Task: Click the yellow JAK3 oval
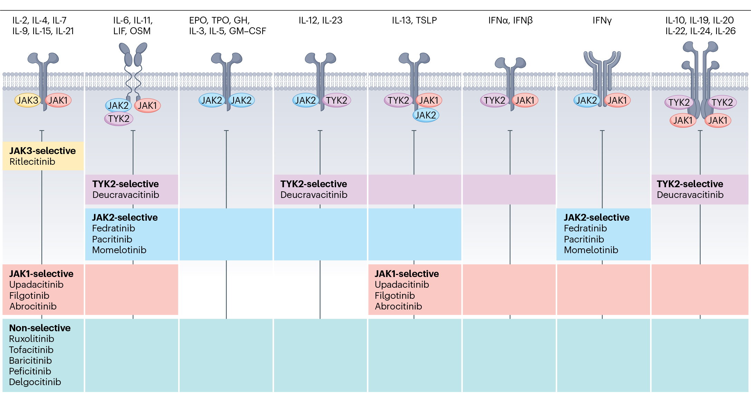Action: click(27, 101)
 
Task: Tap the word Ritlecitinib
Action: click(32, 162)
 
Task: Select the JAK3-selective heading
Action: click(42, 151)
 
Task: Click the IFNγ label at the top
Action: click(602, 20)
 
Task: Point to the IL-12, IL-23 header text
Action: click(320, 20)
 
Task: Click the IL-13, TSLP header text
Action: click(414, 20)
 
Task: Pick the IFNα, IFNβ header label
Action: click(510, 20)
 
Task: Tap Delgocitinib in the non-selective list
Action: click(35, 382)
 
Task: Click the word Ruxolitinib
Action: click(31, 339)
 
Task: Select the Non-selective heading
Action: click(40, 328)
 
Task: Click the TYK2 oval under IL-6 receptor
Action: click(118, 119)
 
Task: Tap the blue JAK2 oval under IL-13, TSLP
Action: click(426, 115)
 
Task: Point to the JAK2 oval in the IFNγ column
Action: click(587, 101)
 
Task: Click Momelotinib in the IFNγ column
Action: click(591, 250)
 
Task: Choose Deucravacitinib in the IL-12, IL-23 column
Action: click(314, 195)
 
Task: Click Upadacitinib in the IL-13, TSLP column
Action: click(402, 285)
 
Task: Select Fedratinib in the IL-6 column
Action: click(113, 228)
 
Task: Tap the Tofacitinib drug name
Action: click(31, 350)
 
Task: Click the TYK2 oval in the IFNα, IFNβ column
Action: click(494, 101)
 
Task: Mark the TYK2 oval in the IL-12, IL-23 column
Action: click(336, 101)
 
